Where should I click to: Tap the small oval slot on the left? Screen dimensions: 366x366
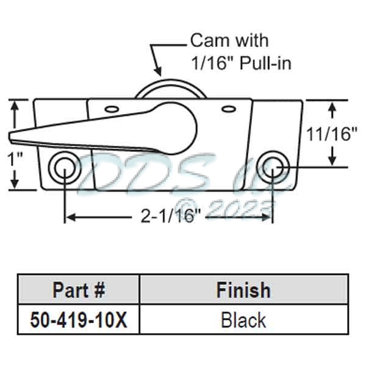pyautogui.click(x=111, y=109)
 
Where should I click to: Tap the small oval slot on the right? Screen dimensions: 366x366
pyautogui.click(x=228, y=109)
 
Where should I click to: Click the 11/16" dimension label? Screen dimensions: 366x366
pyautogui.click(x=333, y=134)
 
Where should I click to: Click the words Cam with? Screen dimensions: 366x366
pyautogui.click(x=230, y=41)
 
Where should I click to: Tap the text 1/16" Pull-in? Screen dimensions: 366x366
pyautogui.click(x=239, y=62)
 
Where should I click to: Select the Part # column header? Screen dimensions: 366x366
pyautogui.click(x=79, y=289)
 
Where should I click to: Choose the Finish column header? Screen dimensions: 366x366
pyautogui.click(x=243, y=289)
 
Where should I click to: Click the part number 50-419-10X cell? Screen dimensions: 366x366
pyautogui.click(x=79, y=320)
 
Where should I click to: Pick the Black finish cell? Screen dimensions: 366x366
pyautogui.click(x=243, y=320)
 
